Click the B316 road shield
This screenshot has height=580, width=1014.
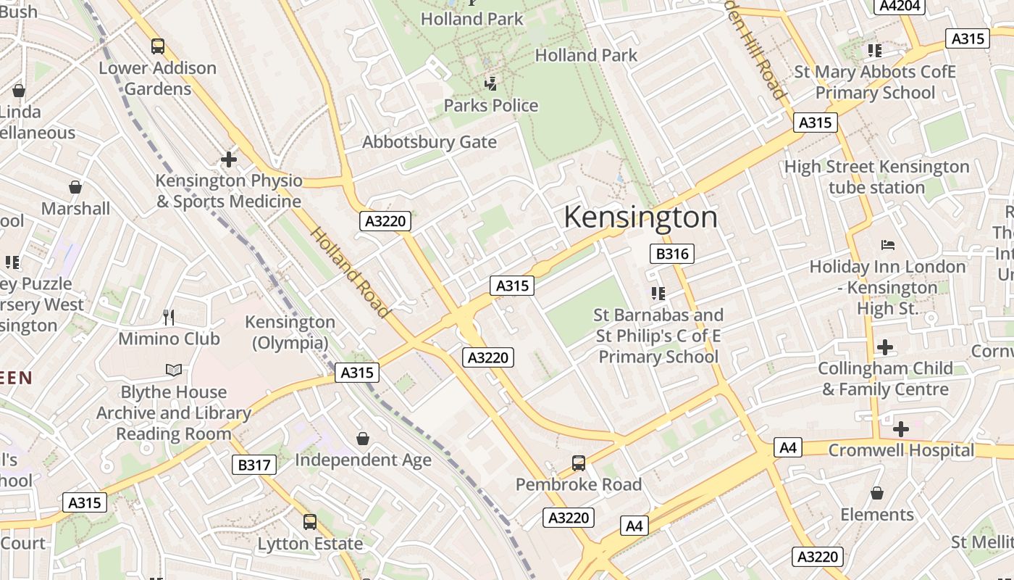(672, 254)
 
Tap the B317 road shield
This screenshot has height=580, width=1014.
(254, 465)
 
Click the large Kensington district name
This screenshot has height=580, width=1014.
(640, 217)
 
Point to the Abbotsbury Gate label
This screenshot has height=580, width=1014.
(430, 142)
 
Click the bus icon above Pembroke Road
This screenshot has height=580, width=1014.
(578, 463)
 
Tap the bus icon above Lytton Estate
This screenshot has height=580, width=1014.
(310, 521)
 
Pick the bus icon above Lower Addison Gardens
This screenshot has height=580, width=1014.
(157, 46)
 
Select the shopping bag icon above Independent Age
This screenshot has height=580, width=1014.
(363, 439)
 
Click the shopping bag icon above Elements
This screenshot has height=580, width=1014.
(877, 493)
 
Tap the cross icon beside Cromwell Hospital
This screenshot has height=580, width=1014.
(901, 429)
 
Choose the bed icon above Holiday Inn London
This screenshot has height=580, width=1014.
(887, 245)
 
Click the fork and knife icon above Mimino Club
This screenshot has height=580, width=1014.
(169, 317)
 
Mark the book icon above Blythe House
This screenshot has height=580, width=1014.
(174, 370)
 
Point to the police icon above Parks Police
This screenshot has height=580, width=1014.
(491, 83)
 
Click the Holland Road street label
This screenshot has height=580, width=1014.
(351, 273)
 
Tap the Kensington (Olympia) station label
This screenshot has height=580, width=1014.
(290, 332)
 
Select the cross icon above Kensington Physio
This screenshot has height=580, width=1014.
(229, 159)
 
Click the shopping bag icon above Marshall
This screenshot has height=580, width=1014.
(75, 188)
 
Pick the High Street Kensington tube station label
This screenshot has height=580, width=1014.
(876, 177)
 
